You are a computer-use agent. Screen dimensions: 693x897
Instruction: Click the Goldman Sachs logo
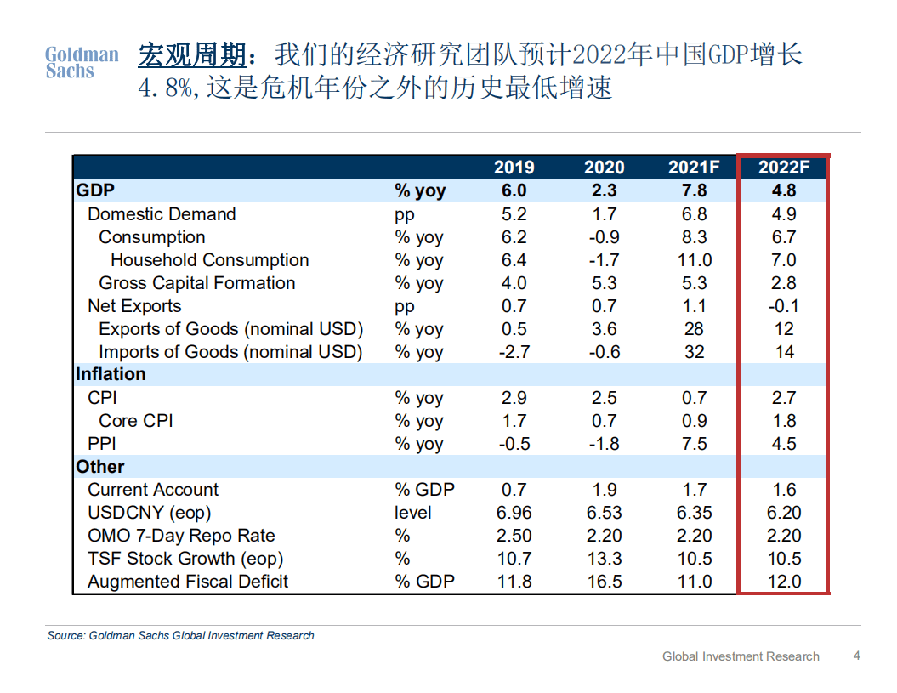point(82,63)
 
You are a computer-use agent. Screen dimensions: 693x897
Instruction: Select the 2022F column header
point(784,168)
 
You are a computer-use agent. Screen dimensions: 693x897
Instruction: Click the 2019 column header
point(514,168)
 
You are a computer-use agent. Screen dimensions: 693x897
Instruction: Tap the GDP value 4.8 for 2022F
point(784,191)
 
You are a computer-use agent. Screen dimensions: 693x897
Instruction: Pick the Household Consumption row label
point(209,260)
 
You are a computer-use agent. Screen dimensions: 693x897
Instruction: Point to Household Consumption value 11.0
point(694,260)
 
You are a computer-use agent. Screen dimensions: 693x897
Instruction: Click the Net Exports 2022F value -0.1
point(784,306)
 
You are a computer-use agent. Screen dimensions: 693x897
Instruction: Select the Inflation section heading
point(111,374)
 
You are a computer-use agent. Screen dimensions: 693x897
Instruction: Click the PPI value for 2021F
point(694,444)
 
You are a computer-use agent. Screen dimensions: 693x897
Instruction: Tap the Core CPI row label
point(136,421)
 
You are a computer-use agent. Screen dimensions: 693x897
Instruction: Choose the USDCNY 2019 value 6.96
point(514,513)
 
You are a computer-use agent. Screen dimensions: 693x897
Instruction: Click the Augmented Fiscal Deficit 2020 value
point(604,582)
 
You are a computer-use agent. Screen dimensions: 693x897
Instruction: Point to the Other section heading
point(100,467)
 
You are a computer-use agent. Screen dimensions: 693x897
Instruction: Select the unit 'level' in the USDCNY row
point(413,513)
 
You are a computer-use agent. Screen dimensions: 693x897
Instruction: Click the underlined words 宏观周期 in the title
point(192,56)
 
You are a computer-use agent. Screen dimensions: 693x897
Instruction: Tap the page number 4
point(856,656)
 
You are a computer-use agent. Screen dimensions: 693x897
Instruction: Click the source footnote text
point(181,635)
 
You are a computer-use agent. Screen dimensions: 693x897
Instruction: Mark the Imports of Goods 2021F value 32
point(694,352)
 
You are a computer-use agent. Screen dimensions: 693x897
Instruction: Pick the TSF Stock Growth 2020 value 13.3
point(604,559)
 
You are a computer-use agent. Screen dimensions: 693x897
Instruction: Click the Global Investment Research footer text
point(741,656)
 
